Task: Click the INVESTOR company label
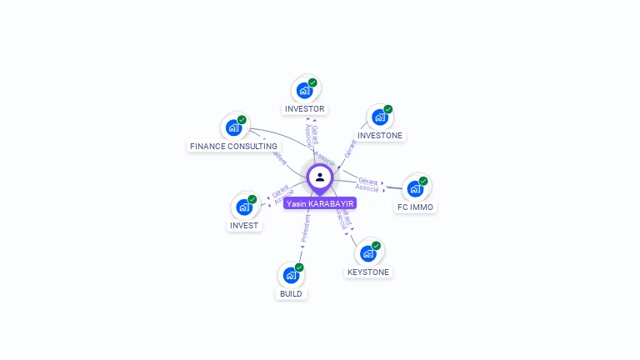[x=304, y=109]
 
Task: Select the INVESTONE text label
[x=379, y=135]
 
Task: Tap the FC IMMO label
[x=415, y=207]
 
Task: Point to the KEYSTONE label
[x=367, y=272]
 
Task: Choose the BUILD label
[x=291, y=293]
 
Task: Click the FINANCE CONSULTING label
[x=233, y=146]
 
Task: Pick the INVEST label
[x=244, y=225]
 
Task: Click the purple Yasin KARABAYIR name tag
[x=320, y=203]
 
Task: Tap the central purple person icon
[x=320, y=177]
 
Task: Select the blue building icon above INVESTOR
[x=304, y=90]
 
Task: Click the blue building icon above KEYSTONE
[x=367, y=253]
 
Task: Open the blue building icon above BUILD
[x=291, y=274]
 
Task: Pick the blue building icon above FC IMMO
[x=415, y=188]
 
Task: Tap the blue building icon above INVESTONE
[x=379, y=117]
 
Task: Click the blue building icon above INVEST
[x=244, y=207]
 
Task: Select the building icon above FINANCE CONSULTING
[x=233, y=127]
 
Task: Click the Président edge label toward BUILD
[x=306, y=227]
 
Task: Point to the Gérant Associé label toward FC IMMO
[x=367, y=185]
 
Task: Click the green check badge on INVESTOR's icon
[x=312, y=82]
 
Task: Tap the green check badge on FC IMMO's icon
[x=423, y=181]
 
